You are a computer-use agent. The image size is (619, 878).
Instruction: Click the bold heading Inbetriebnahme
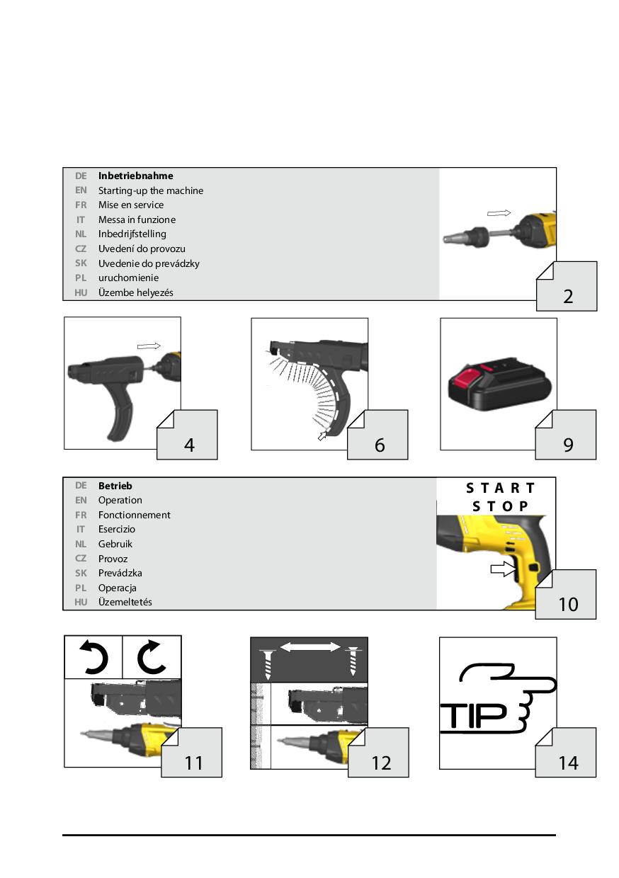click(136, 176)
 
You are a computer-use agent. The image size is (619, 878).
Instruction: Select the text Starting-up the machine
click(151, 190)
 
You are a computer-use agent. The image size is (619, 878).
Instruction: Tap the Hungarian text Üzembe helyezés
click(136, 292)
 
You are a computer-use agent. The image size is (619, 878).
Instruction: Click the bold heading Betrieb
click(115, 486)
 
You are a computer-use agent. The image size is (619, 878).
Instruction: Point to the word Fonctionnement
click(134, 515)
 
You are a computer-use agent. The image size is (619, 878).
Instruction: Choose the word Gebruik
click(115, 544)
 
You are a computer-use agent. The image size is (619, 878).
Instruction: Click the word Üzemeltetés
click(125, 602)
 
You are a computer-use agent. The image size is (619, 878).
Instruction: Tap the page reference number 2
click(568, 297)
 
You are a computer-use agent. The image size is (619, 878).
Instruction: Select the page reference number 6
click(380, 445)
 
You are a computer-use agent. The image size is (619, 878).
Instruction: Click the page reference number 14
click(568, 763)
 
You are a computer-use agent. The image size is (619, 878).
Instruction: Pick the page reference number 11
click(193, 763)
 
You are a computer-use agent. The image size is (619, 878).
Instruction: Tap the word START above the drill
click(500, 489)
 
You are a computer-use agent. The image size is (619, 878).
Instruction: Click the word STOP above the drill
click(500, 506)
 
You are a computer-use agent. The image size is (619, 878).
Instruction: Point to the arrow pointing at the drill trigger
click(504, 569)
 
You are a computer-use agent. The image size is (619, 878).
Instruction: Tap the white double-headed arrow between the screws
click(310, 647)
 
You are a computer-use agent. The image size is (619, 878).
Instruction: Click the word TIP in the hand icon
click(474, 716)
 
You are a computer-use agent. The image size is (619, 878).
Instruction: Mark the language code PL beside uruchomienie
click(81, 278)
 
